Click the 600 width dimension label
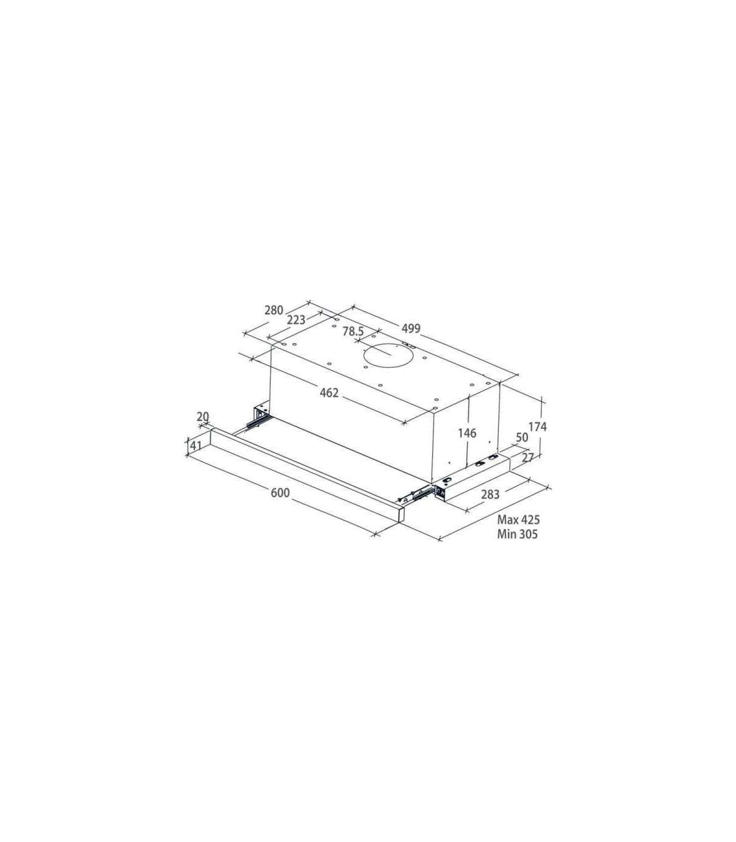pos(280,493)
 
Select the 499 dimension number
pos(411,328)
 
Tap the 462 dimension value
pos(329,393)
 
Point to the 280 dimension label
pos(274,310)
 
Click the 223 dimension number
pos(296,320)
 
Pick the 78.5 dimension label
pos(353,331)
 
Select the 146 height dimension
pos(467,433)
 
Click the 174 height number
pos(537,427)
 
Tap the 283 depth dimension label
pos(490,494)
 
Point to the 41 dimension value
pos(195,446)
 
